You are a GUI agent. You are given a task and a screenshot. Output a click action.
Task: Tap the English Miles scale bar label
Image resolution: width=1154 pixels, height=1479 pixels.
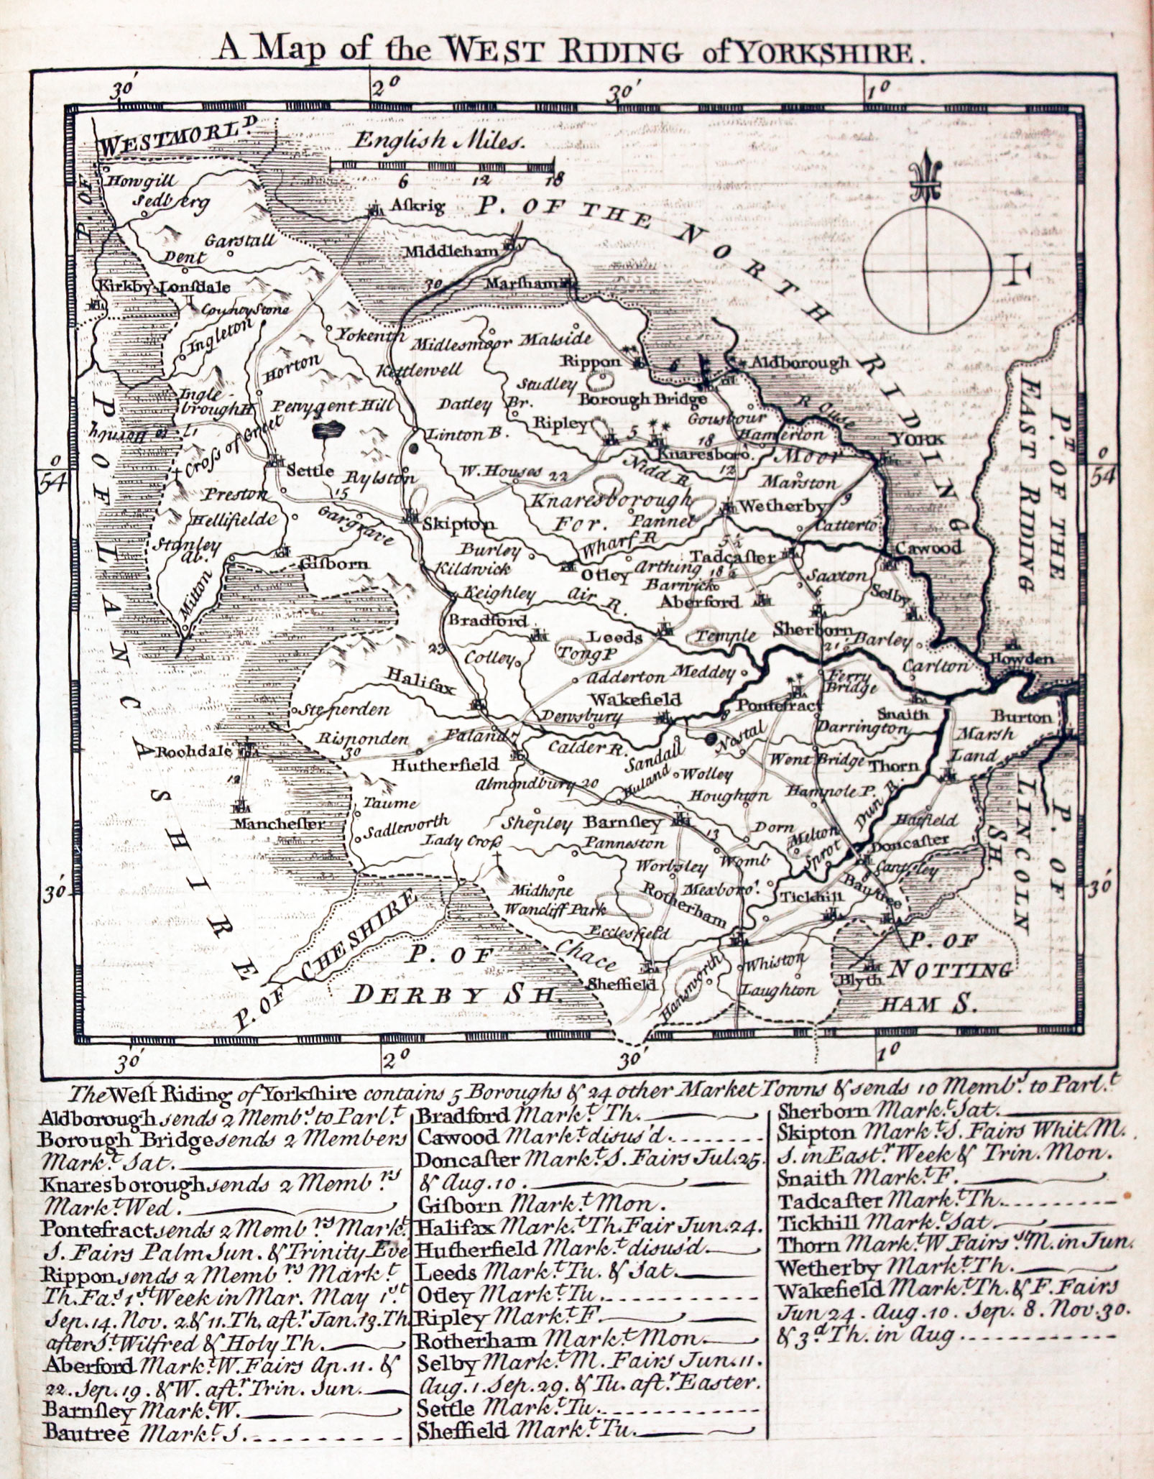(x=438, y=139)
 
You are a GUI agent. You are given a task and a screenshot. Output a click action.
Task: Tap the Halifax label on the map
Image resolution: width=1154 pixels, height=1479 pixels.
(x=421, y=679)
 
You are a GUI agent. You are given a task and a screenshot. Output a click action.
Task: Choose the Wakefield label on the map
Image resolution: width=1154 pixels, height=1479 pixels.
(x=635, y=699)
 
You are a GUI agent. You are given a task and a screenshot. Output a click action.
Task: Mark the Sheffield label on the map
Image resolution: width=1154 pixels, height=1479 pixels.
(x=622, y=983)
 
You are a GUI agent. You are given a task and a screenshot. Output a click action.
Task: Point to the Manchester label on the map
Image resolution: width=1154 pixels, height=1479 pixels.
(x=278, y=824)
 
